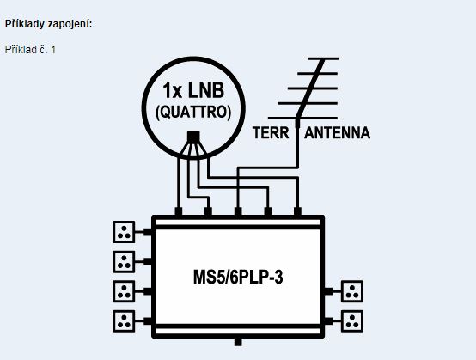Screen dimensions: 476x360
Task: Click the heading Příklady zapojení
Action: click(49, 24)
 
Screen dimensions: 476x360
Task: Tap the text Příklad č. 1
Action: click(30, 50)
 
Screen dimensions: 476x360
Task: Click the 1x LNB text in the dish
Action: click(193, 90)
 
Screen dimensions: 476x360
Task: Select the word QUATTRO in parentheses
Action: click(193, 113)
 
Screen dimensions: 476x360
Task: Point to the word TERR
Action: click(271, 133)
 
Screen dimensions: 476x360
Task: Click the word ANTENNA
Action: click(338, 133)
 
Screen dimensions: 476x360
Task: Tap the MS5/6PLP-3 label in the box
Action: click(238, 278)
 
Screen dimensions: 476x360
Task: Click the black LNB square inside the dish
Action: click(193, 137)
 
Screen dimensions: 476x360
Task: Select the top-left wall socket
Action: click(124, 232)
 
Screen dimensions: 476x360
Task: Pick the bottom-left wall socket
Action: click(124, 320)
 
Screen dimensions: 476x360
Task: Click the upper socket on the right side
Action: click(352, 291)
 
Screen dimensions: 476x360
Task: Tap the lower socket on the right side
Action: click(352, 320)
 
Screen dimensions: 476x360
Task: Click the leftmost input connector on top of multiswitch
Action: click(179, 211)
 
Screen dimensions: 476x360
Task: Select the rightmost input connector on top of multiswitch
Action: click(297, 211)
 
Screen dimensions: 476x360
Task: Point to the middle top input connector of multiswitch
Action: click(238, 211)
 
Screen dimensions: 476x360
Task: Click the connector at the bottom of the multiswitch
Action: click(238, 342)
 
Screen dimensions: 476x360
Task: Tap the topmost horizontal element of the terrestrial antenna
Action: click(323, 58)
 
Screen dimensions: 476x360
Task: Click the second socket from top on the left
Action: click(124, 262)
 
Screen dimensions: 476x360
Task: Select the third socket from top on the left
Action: click(124, 291)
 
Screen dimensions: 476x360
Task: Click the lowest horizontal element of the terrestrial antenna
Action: click(302, 118)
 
